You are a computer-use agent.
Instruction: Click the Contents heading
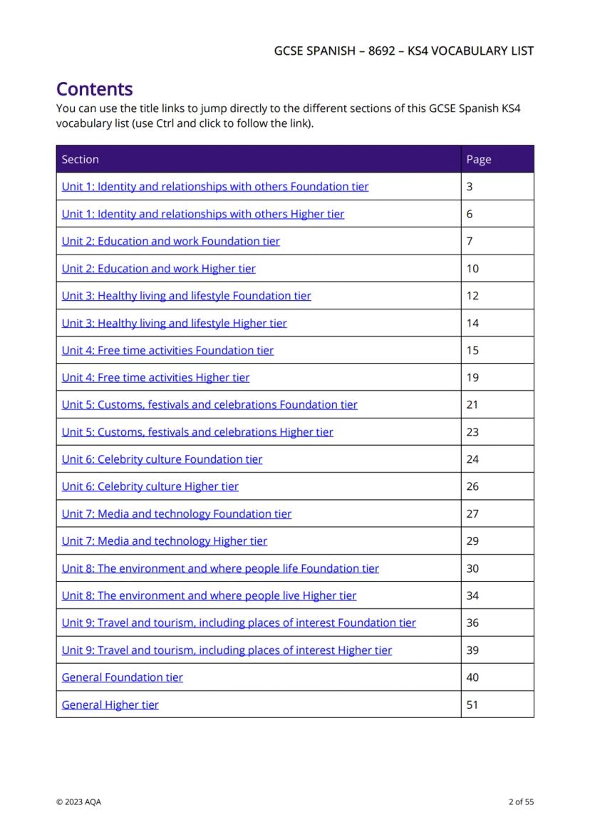[94, 90]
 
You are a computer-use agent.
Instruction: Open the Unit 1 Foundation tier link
[214, 187]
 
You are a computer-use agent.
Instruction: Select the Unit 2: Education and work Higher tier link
[158, 269]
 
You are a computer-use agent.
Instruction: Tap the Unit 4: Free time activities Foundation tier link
[167, 350]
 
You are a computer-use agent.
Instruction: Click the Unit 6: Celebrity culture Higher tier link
[150, 486]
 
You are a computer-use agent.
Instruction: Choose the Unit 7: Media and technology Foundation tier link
[176, 513]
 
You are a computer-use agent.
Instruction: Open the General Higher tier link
[110, 705]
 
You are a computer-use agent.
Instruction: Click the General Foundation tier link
[122, 677]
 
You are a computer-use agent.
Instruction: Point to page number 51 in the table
[472, 705]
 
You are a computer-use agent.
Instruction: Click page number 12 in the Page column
[472, 296]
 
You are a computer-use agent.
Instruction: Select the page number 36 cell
[472, 623]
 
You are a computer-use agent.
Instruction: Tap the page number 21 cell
[472, 404]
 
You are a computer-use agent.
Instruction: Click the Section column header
[81, 160]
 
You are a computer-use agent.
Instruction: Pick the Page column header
[479, 160]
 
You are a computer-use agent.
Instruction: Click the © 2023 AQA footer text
[78, 802]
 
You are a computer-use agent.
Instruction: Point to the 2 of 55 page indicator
[521, 802]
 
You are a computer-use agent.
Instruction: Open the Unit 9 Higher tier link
[227, 650]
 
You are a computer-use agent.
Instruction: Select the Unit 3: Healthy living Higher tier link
[174, 323]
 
